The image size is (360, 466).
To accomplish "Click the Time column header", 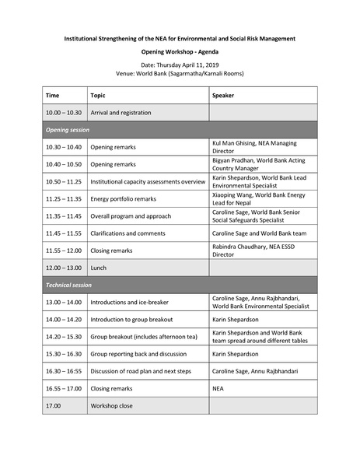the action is tap(52, 95).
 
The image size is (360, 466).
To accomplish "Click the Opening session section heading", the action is tap(68, 129).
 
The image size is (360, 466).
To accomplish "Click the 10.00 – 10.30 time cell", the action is tap(63, 113).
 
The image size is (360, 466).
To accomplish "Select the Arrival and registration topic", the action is tap(121, 113).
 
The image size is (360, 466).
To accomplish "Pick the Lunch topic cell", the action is tap(99, 268).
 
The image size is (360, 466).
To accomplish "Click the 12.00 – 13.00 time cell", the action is tap(63, 268).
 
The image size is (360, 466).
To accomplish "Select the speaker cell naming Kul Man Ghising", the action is tap(254, 146).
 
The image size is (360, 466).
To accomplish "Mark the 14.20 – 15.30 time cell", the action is tap(63, 336).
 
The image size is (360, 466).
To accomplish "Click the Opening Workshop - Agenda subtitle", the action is tap(180, 49).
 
